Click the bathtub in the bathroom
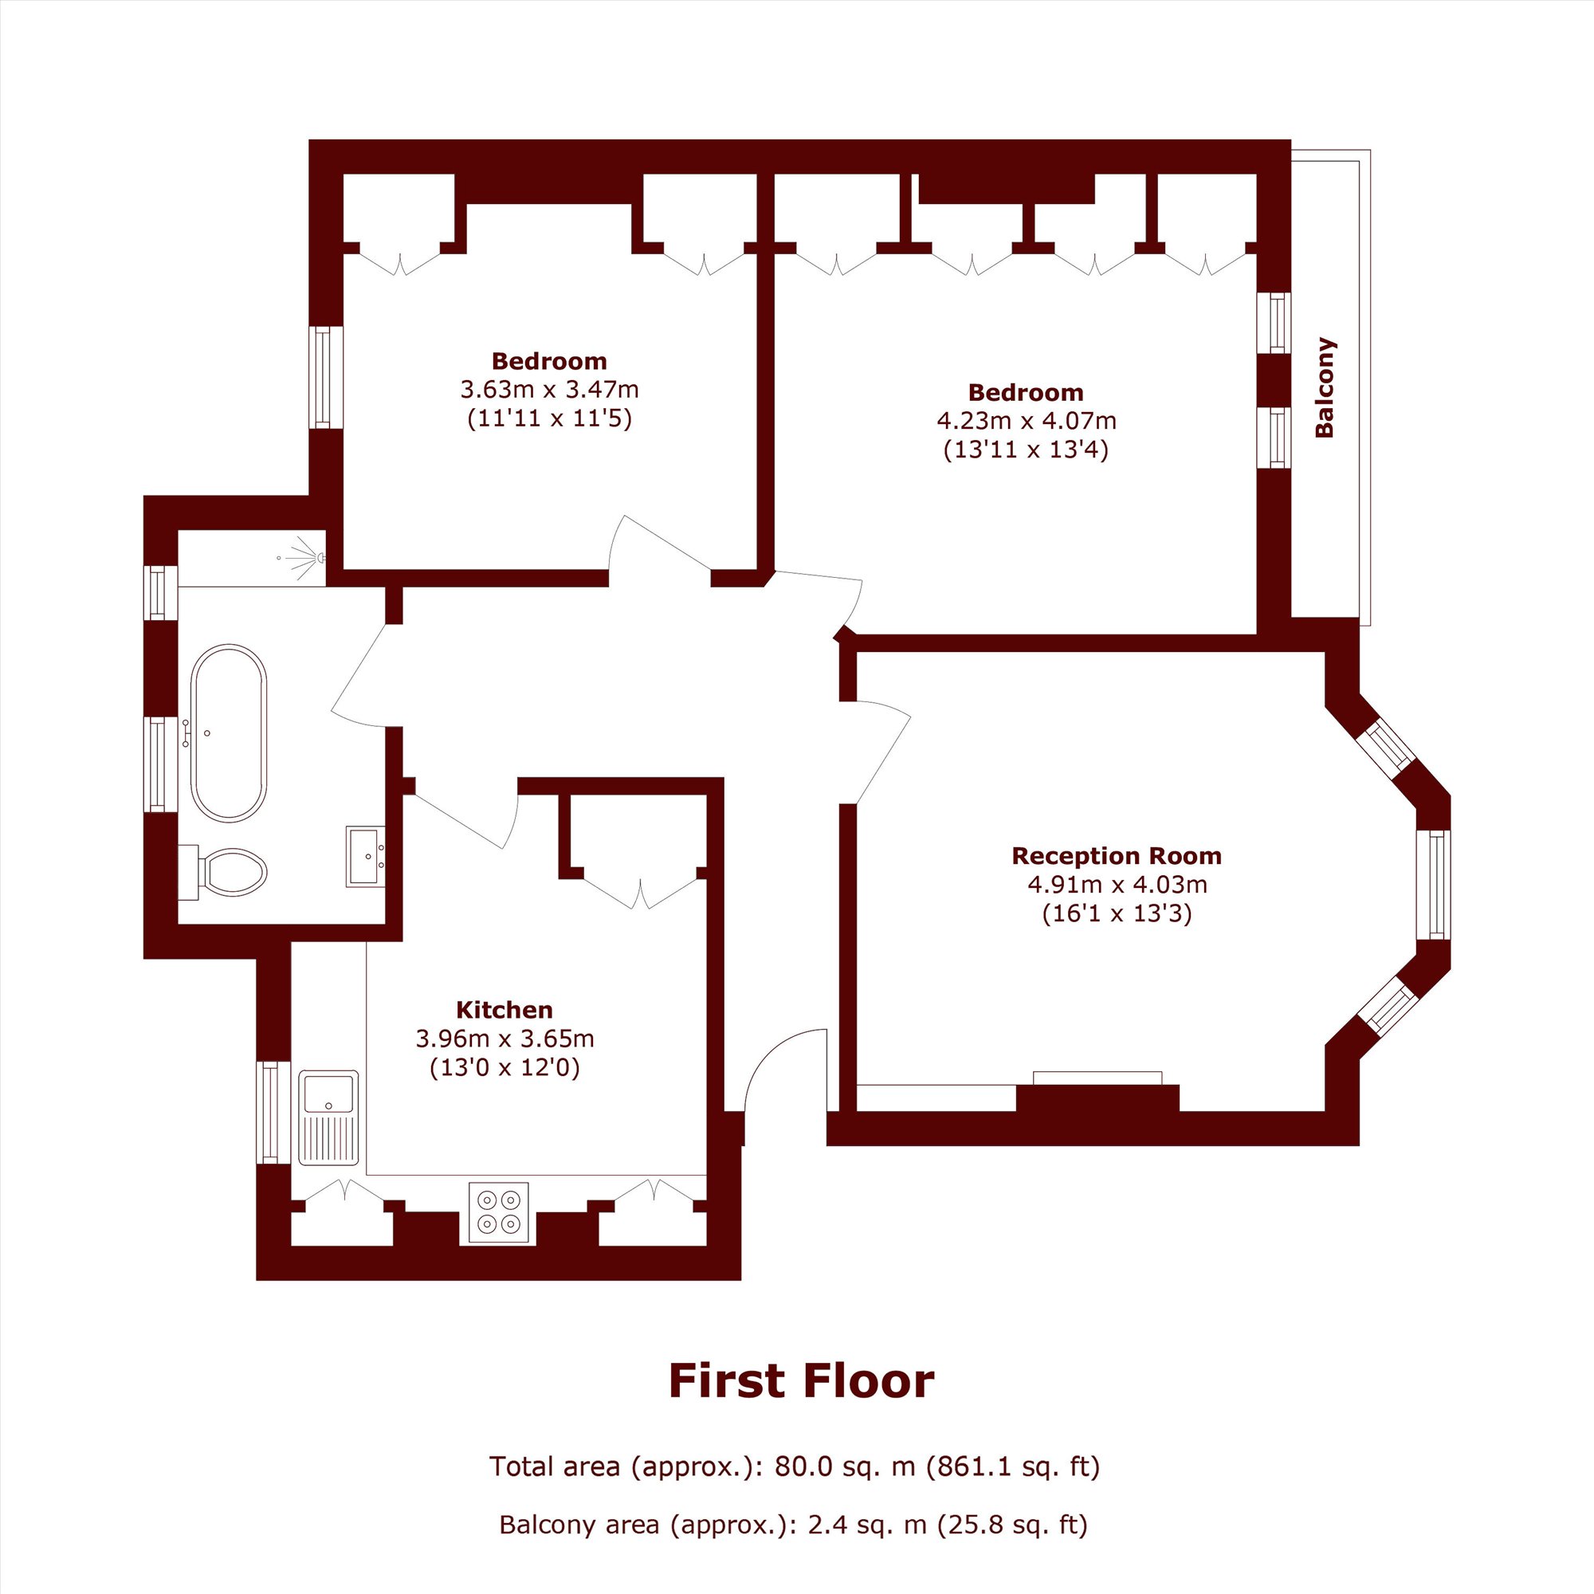coord(229,732)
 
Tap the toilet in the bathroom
coord(224,871)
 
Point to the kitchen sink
coord(328,1118)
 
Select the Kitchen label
coord(505,1009)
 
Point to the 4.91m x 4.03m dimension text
coord(1117,885)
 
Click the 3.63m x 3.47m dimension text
coord(548,389)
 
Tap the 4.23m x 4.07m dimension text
coord(1027,421)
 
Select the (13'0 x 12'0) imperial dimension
coord(505,1068)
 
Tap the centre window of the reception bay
coord(1439,884)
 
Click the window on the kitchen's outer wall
coord(273,1111)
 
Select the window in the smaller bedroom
coord(325,377)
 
